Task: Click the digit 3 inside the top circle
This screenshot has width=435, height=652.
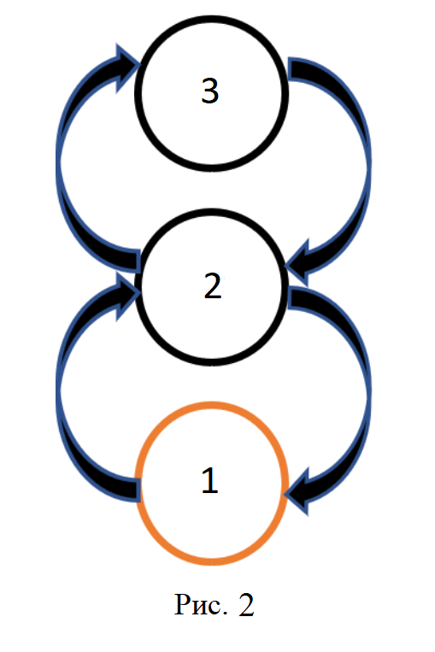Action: coord(210,91)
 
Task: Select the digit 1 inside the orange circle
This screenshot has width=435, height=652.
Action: coord(210,479)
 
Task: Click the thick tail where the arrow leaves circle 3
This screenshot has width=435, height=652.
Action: coord(299,68)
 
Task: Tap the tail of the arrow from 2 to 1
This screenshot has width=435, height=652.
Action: coord(299,298)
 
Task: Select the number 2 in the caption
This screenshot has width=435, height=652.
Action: coord(246,605)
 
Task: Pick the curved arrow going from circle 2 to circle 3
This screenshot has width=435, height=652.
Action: coord(60,162)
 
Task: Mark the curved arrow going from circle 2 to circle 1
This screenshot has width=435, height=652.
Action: coord(367,391)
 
